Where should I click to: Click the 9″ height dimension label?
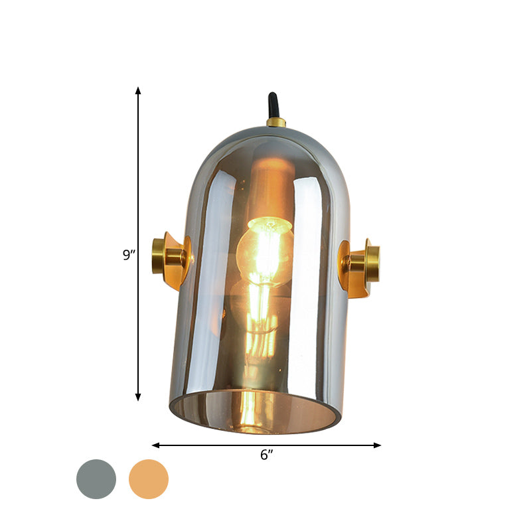(129, 254)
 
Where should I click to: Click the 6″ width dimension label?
(267, 455)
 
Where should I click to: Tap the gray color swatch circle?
(96, 479)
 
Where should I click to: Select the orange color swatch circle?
(149, 479)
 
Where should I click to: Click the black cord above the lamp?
(272, 106)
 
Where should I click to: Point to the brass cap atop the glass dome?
(275, 122)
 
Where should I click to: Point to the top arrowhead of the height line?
(138, 90)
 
